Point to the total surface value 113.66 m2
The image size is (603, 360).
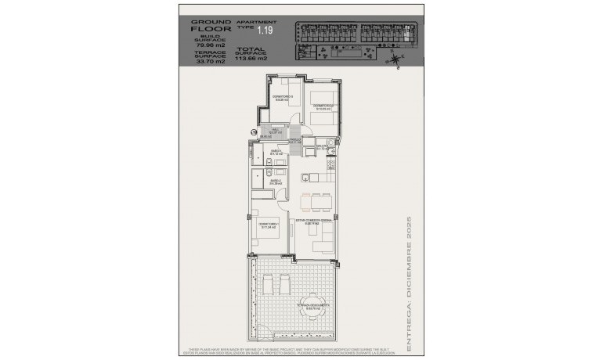click(256, 58)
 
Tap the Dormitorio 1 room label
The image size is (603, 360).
click(268, 225)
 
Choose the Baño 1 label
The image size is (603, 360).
click(276, 152)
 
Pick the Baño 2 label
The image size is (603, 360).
click(276, 182)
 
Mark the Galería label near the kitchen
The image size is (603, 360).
click(322, 146)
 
